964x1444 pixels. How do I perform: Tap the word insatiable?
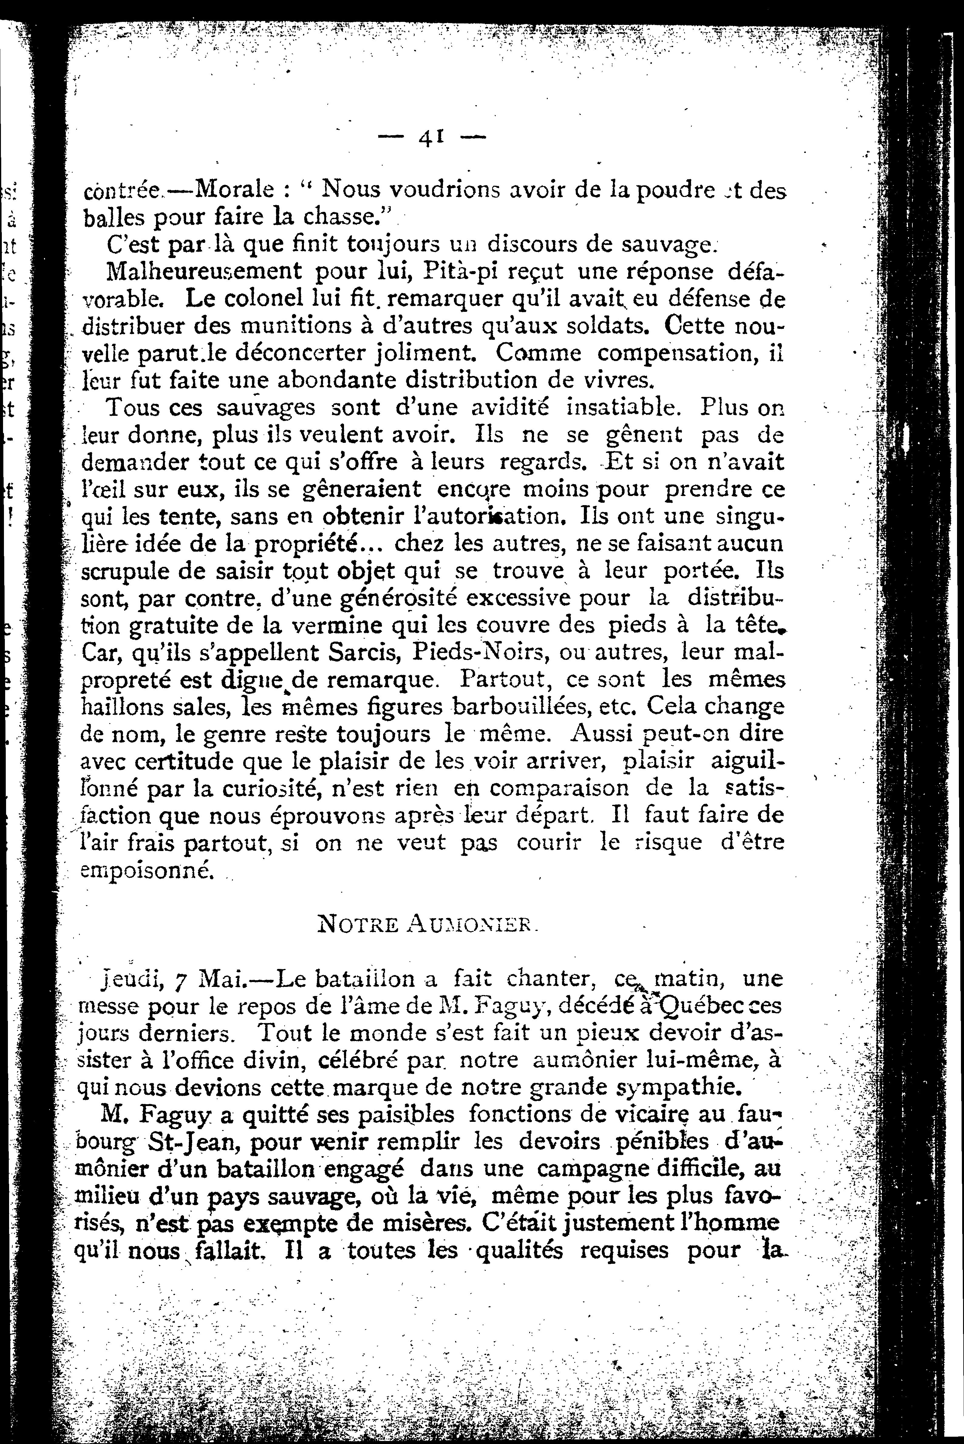pyautogui.click(x=626, y=407)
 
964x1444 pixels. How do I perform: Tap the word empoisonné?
pyautogui.click(x=148, y=870)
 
